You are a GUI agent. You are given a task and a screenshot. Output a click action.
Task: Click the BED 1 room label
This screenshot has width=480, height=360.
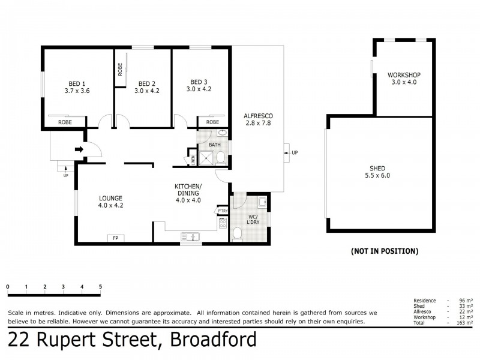pos(76,83)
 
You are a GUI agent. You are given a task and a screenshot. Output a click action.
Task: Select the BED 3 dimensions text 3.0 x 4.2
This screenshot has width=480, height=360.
pos(199,89)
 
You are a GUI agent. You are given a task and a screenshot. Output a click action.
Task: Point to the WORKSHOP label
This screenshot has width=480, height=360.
pos(404,75)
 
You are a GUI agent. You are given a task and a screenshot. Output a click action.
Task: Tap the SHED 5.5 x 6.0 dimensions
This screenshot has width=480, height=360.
pos(378,176)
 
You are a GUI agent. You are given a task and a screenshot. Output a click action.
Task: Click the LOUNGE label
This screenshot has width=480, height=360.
pos(111,198)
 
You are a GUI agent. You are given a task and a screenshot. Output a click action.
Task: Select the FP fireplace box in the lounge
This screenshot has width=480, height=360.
pos(115,238)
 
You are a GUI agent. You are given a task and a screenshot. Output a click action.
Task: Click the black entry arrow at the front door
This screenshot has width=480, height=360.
pos(78,149)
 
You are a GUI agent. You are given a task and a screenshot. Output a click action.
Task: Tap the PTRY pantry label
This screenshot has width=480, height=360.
pos(223,211)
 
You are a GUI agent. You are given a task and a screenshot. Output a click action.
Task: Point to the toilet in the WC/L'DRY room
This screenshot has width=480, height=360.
pos(238,235)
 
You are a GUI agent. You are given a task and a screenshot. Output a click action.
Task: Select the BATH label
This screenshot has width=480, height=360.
pos(214,145)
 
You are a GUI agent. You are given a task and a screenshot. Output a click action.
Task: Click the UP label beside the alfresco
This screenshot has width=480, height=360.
pos(294,154)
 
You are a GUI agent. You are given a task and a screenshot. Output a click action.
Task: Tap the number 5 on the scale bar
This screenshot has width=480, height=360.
pos(100,286)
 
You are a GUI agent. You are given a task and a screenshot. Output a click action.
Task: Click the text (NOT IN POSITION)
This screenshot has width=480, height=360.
pos(384,251)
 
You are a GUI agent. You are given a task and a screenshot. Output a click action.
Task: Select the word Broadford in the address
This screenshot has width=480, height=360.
pos(214,340)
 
